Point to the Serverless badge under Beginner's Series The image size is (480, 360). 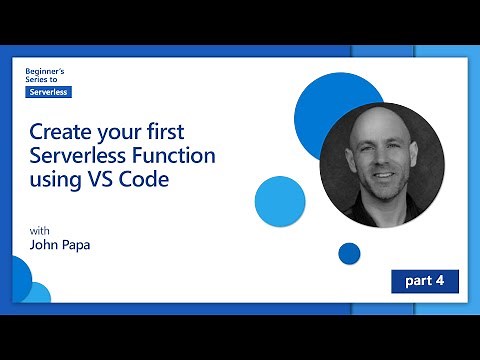(x=48, y=91)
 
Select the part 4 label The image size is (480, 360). (x=425, y=281)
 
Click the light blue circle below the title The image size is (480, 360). (x=279, y=200)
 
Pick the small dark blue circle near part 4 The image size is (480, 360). (x=349, y=253)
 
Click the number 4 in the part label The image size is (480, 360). (x=440, y=281)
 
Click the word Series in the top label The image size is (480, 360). (x=41, y=80)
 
